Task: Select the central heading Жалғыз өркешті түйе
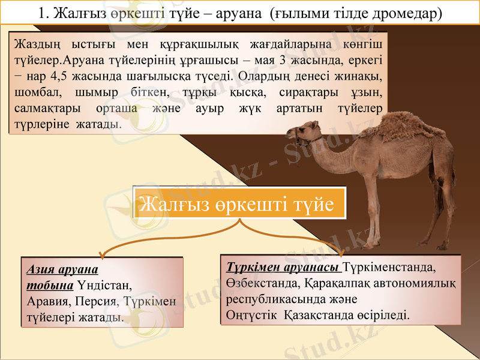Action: [239, 204]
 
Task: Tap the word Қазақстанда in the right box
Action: [323, 314]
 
